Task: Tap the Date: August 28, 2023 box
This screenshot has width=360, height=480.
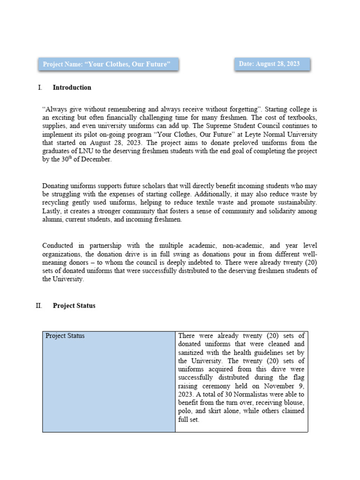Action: pos(272,64)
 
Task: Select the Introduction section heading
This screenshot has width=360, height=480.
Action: pos(72,88)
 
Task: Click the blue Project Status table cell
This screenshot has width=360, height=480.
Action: pos(108,382)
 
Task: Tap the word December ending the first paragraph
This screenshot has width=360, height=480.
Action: pos(98,160)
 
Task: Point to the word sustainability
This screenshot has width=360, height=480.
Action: pos(296,202)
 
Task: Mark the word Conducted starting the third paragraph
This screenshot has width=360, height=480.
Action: pos(58,245)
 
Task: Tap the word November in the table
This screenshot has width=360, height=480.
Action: pos(273,386)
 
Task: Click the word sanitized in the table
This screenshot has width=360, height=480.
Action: pos(193,352)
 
